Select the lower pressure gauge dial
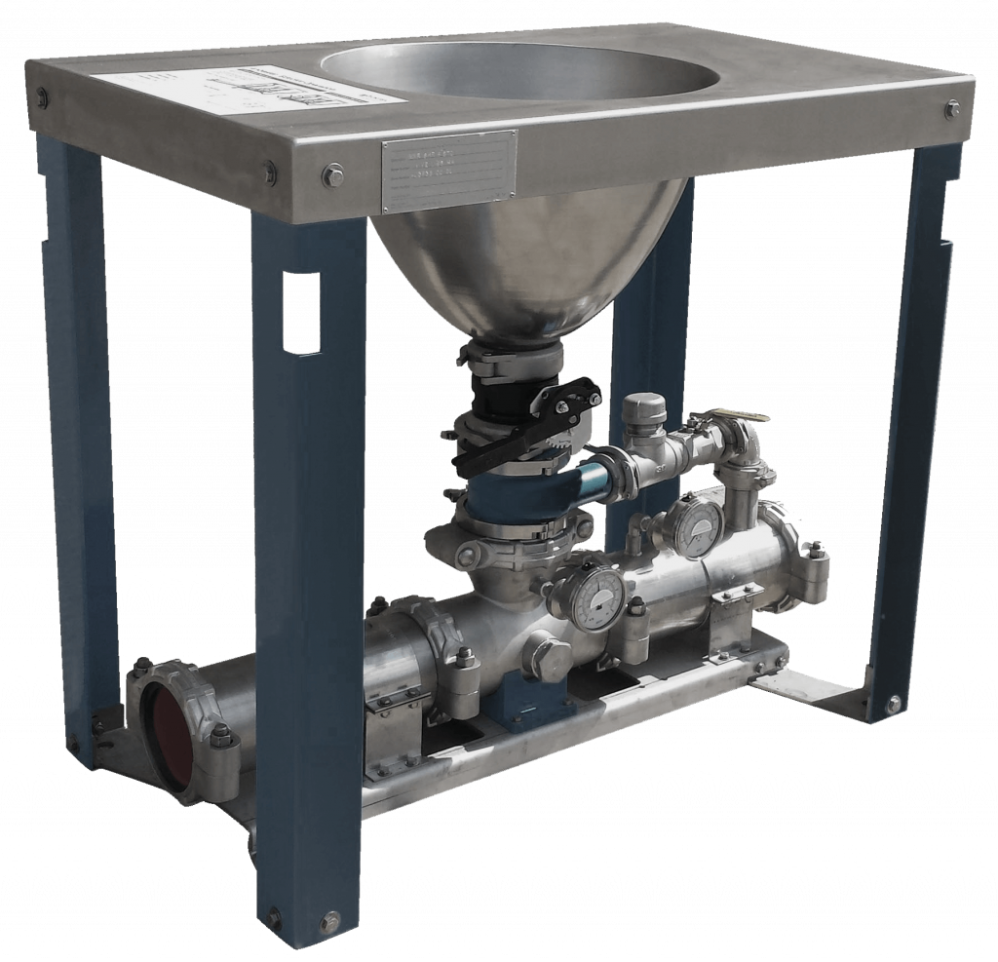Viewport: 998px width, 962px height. [x=592, y=594]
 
